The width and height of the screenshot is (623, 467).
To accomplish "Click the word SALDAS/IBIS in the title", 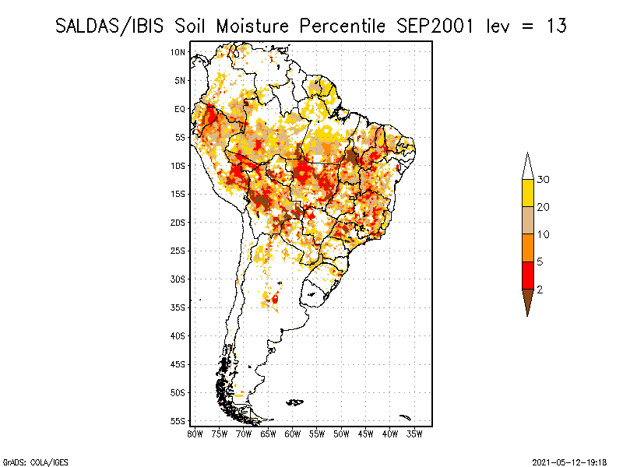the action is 109,26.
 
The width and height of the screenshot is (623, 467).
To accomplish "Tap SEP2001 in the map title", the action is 435,26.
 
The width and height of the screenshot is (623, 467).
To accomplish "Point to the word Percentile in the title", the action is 342,26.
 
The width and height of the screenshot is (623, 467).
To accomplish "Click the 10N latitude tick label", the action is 178,52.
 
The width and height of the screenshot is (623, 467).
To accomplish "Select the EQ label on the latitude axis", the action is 180,109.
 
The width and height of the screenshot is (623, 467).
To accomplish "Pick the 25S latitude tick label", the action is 178,251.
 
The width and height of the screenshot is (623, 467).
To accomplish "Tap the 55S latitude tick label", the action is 178,421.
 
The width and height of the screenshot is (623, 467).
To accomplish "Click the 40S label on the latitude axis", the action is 178,336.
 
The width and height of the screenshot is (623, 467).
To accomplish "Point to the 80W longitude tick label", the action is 195,434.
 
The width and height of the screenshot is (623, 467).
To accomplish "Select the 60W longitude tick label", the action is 293,434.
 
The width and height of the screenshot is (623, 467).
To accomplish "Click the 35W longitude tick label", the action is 414,434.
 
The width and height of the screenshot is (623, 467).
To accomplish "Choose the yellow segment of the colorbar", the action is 528,193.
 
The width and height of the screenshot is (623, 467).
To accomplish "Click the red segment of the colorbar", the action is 528,276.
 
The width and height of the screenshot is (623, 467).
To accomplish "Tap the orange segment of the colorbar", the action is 528,248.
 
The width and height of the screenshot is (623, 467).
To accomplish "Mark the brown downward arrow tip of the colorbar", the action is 528,316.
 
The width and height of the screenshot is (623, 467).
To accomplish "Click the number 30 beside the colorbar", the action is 543,180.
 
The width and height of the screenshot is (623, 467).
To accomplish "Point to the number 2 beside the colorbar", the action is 540,290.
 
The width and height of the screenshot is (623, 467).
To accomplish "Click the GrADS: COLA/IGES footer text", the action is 36,462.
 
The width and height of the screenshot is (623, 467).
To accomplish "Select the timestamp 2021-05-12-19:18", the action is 569,462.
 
